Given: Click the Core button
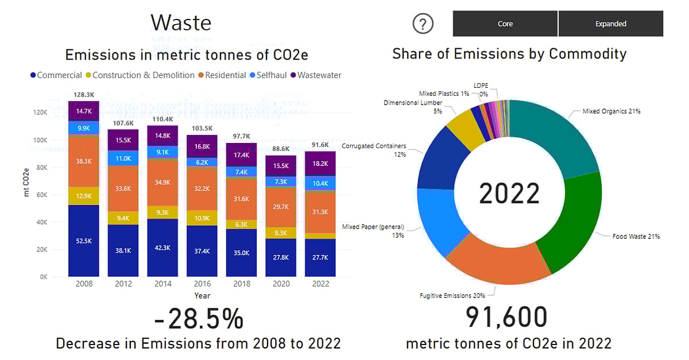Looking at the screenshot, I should [x=505, y=24].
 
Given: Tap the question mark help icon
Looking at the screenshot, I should [x=423, y=24].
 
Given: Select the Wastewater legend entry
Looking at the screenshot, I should [x=319, y=75].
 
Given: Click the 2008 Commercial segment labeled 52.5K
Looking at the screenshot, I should [x=83, y=241].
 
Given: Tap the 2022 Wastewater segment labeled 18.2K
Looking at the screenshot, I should [x=320, y=163].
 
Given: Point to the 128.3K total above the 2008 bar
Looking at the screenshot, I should [x=83, y=95].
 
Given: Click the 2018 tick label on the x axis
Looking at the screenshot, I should [x=242, y=284].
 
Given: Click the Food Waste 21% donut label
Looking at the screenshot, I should [x=636, y=236].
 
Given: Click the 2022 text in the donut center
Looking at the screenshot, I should [x=509, y=194].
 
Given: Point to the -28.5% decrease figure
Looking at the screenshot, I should [x=198, y=319].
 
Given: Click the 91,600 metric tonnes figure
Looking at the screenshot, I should [x=506, y=318].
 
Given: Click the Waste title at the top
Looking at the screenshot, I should [x=181, y=22].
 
